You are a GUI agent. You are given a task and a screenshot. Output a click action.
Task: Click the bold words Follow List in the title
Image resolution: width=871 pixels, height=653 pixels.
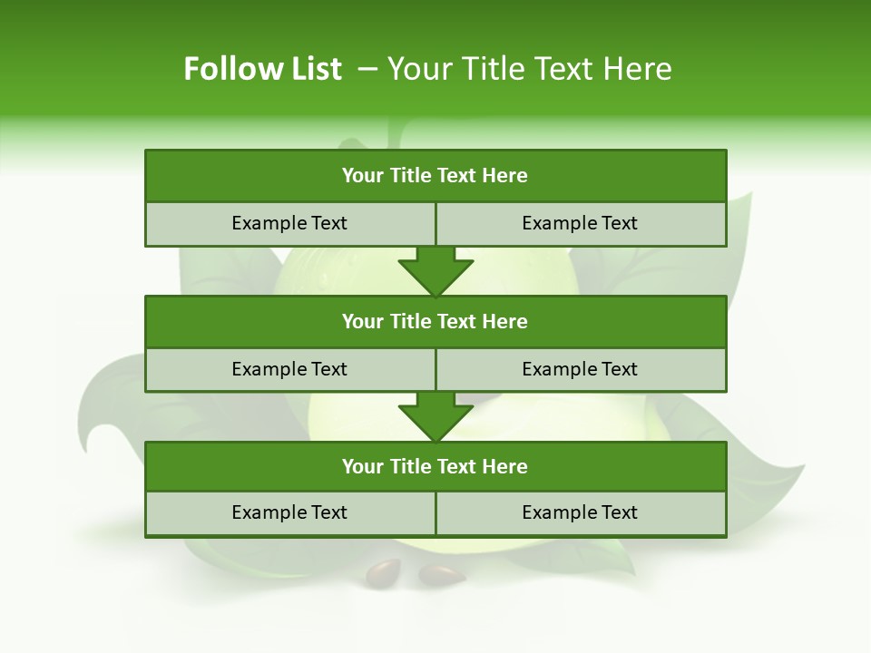coord(262,69)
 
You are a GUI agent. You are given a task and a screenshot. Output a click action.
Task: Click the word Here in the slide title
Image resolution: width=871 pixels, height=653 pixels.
coord(635,69)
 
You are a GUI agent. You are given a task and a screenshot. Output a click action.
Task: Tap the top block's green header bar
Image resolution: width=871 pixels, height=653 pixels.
coord(435,176)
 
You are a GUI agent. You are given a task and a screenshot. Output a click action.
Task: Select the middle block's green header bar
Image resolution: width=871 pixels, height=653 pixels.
coord(435,321)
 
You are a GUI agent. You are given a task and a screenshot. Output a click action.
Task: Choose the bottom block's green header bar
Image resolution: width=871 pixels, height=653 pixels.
coord(435,466)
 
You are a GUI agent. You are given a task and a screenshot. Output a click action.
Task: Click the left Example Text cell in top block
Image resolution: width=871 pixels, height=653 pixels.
coord(289,223)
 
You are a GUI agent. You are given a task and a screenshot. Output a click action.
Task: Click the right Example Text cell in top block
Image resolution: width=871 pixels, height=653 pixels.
coord(580,223)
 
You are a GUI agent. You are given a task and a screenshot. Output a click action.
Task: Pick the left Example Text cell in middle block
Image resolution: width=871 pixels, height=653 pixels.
coord(289,369)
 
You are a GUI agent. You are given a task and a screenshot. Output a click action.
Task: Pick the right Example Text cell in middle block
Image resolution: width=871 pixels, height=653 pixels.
coord(580,369)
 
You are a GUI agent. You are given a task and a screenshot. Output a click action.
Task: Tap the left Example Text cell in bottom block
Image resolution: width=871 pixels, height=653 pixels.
coord(289,512)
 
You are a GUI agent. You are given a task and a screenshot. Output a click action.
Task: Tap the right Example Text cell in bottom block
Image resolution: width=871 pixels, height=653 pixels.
coord(580,512)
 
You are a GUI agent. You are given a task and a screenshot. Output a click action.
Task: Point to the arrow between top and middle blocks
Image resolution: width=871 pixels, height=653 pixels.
coord(435,271)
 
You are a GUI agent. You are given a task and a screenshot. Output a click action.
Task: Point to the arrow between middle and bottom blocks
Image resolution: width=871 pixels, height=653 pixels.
coord(435,416)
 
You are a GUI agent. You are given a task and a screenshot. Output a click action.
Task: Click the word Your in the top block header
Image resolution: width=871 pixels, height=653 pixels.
coord(363,176)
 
